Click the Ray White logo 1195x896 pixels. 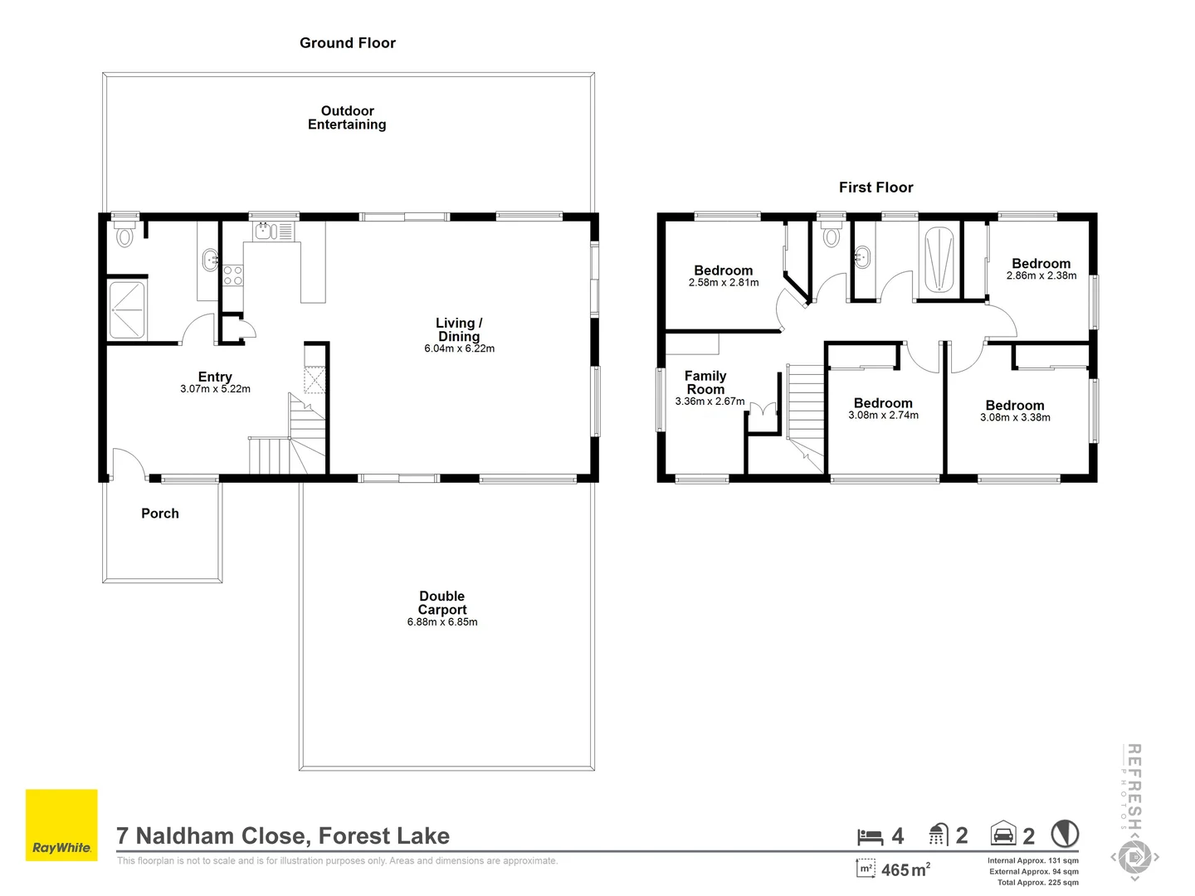[x=61, y=825]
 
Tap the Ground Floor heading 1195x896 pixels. [x=347, y=43]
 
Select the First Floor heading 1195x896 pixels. [x=876, y=187]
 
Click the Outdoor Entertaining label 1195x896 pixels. [x=347, y=118]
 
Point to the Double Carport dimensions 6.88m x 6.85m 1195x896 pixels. [x=442, y=622]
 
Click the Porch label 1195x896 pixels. [x=160, y=514]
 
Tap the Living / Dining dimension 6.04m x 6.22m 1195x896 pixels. [x=459, y=348]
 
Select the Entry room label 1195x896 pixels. [x=215, y=377]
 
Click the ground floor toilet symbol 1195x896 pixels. [x=125, y=235]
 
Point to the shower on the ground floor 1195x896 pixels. [x=127, y=310]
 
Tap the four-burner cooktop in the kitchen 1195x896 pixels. [x=233, y=275]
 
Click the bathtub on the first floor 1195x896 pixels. [x=939, y=259]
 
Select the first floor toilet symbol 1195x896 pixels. [x=831, y=235]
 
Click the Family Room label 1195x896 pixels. [x=705, y=382]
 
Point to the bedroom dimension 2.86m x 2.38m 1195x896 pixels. [x=1041, y=276]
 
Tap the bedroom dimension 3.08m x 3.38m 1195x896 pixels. [x=1015, y=418]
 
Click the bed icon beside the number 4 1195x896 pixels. [x=870, y=836]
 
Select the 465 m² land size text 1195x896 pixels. [x=905, y=869]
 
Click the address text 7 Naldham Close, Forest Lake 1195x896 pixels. [x=283, y=836]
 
